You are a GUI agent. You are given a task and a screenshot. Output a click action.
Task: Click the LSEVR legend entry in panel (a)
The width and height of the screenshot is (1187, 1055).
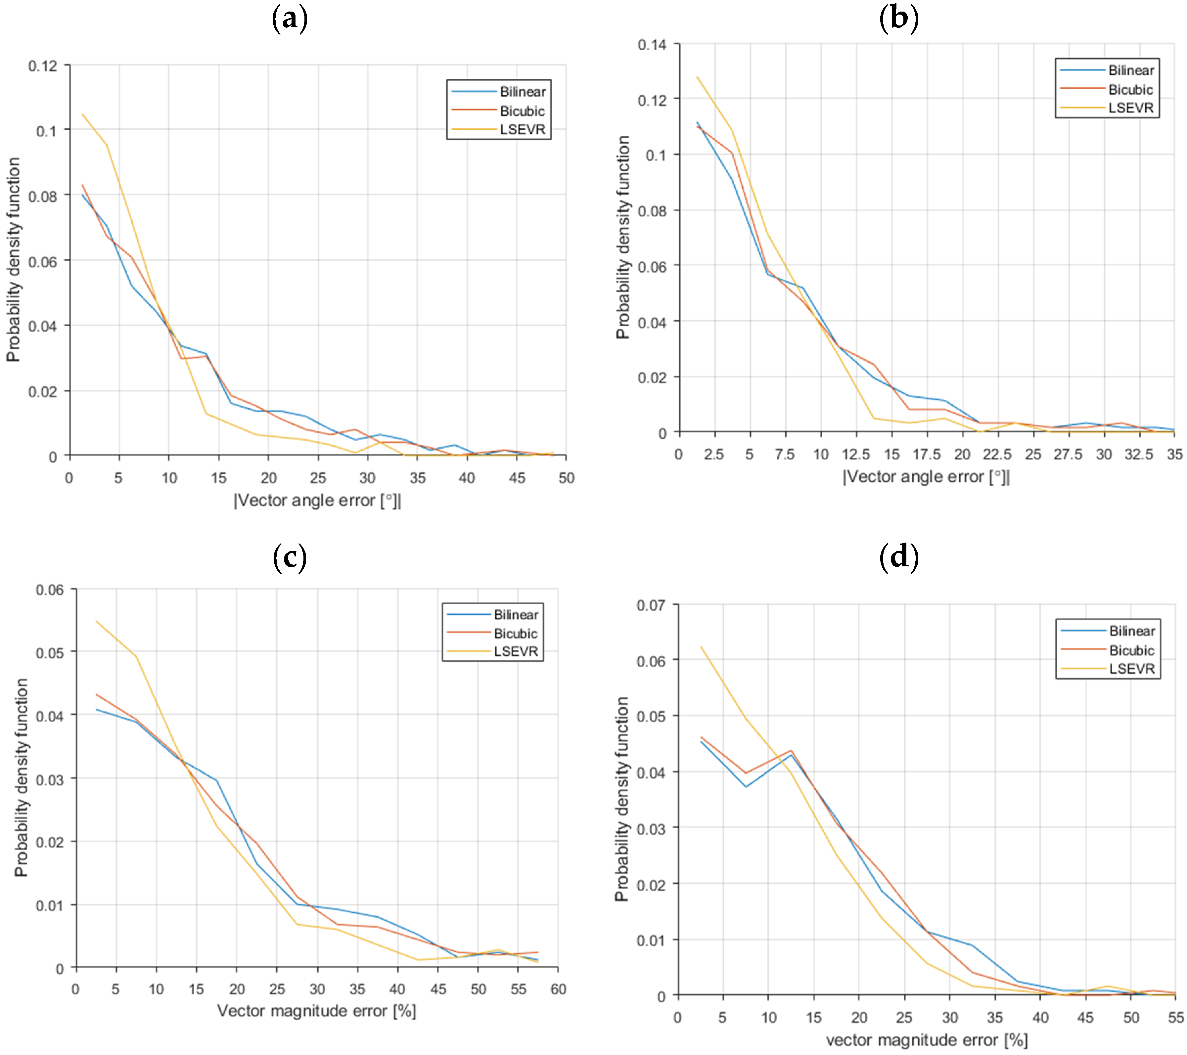(x=522, y=129)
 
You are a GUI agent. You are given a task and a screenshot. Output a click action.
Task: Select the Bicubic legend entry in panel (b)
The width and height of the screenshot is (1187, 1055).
(x=1130, y=89)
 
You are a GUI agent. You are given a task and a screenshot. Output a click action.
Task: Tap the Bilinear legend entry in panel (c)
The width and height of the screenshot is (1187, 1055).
(x=516, y=614)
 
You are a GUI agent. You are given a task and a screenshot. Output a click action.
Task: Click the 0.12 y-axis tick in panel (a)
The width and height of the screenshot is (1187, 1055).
(x=43, y=66)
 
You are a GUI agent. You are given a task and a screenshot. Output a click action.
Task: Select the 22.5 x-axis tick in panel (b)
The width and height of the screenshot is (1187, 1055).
(x=997, y=454)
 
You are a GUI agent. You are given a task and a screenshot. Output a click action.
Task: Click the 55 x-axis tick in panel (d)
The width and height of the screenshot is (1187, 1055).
(x=1175, y=1017)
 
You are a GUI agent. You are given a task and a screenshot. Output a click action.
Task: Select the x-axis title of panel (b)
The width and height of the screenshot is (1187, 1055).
(x=926, y=477)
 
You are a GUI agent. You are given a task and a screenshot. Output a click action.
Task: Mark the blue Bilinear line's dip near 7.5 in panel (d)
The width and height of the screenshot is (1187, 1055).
(x=746, y=787)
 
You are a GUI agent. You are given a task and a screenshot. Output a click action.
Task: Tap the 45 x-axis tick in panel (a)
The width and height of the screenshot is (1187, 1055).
(x=517, y=478)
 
